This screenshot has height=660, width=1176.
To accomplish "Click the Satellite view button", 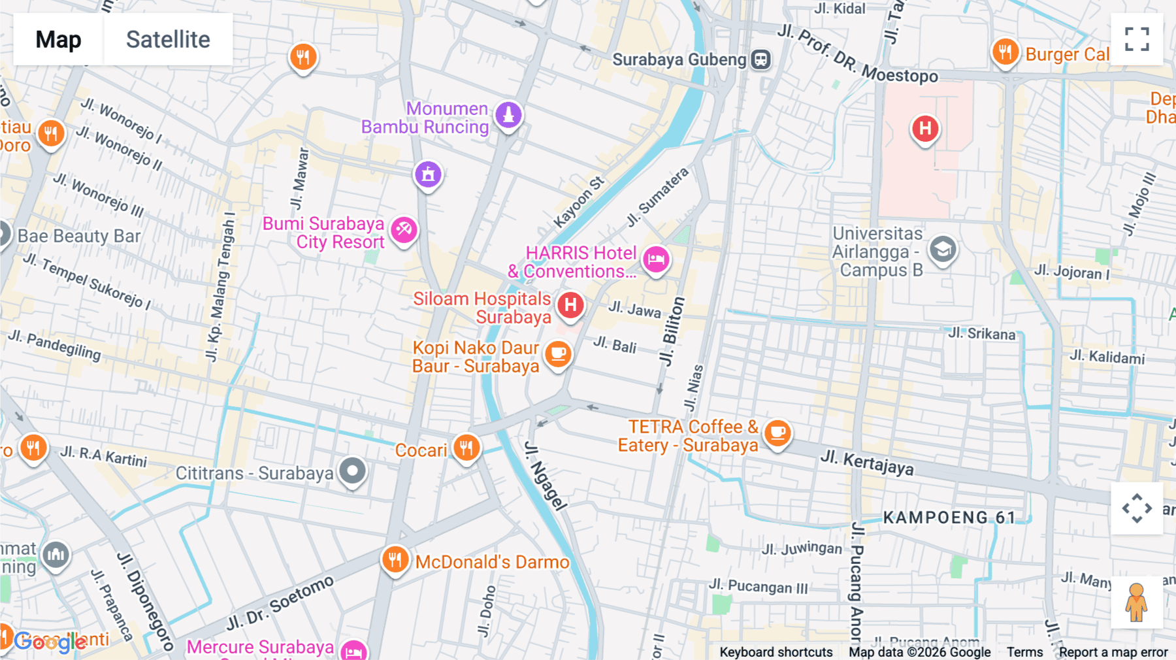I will [168, 39].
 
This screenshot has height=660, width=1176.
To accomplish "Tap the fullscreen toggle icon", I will [1137, 39].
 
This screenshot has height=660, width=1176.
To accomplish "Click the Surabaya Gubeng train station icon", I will [760, 59].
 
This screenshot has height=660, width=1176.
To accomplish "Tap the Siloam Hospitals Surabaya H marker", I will [570, 305].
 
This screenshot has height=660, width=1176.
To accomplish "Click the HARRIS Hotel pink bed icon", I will [656, 259].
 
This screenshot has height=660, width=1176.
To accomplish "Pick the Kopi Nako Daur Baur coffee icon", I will [558, 354].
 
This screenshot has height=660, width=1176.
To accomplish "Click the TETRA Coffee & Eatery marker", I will [777, 433].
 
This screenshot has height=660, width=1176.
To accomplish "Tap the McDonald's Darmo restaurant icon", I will [395, 560].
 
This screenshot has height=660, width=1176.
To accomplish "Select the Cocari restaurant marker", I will [466, 448].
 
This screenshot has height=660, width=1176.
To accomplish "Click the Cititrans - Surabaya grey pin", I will [353, 471].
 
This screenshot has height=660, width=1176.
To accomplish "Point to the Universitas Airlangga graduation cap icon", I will [942, 250].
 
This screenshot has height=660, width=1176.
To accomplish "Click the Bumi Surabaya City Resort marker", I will [404, 230].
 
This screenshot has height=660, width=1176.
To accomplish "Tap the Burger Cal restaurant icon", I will [1005, 52].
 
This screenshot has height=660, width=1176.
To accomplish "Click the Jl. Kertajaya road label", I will [866, 462].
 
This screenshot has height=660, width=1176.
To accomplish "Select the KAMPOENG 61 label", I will [949, 518].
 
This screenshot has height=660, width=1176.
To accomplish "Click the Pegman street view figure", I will [1136, 602].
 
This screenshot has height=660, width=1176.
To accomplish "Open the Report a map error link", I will [1113, 652].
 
